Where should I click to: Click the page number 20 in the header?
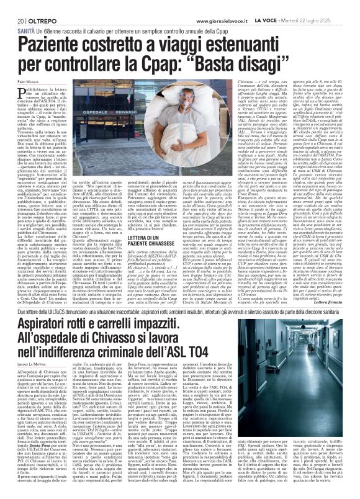coord(12,6)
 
